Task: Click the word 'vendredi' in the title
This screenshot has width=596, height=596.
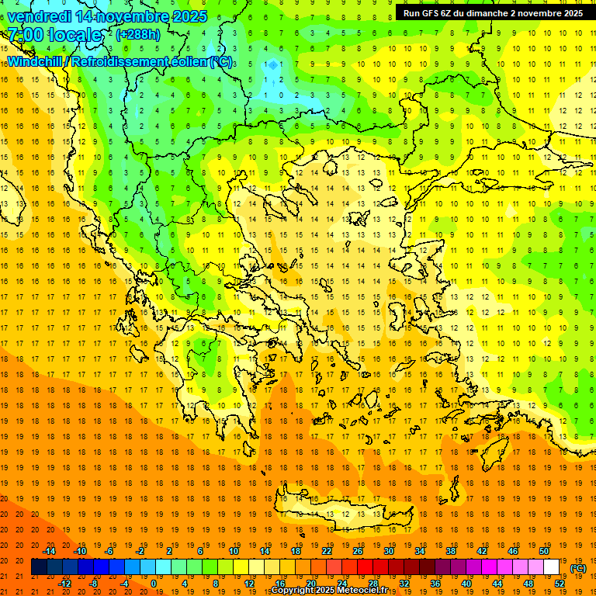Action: tap(39, 16)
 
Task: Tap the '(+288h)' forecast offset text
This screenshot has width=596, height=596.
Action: tap(137, 35)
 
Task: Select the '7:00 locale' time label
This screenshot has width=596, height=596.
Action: tap(54, 35)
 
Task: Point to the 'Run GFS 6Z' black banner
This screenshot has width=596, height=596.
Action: tap(494, 13)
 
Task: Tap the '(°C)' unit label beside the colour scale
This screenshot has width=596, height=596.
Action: tap(578, 568)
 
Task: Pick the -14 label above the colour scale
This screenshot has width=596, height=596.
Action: tap(49, 551)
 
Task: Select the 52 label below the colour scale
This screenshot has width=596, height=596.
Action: tap(560, 584)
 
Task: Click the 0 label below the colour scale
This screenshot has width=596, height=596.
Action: tap(153, 584)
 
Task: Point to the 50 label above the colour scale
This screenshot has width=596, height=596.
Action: tap(544, 551)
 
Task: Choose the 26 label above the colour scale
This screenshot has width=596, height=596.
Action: tap(358, 551)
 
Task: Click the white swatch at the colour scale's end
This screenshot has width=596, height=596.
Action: tap(552, 567)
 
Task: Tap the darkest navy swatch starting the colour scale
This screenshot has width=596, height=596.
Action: tap(39, 567)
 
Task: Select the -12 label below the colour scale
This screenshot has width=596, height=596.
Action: tap(65, 584)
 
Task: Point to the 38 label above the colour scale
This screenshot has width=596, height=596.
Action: tap(451, 551)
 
